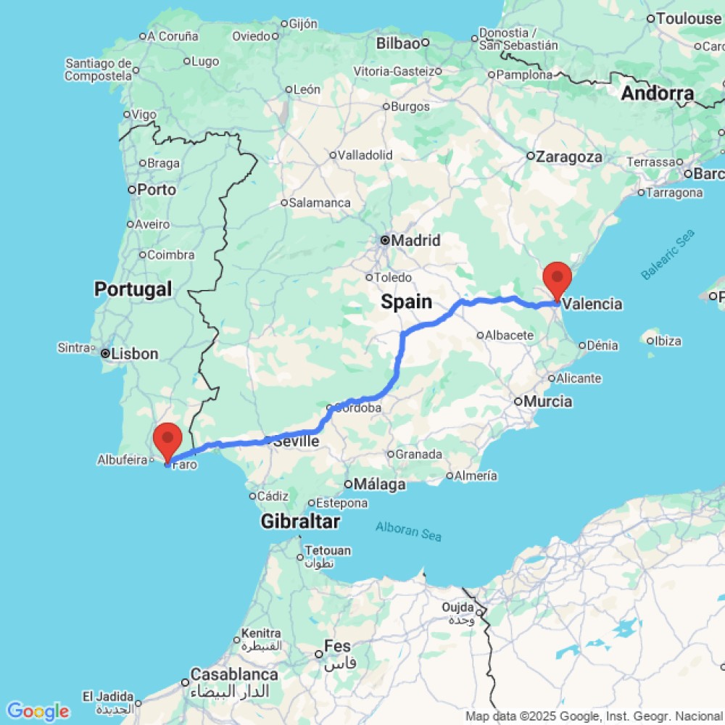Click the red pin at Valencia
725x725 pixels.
557,277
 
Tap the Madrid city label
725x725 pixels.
415,240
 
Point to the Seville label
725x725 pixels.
296,441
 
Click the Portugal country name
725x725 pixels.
133,289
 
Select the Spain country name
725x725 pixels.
407,302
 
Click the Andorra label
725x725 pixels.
658,94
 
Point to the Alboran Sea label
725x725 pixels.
408,531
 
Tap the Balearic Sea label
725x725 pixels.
668,254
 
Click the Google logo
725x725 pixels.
38,711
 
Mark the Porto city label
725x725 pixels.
157,189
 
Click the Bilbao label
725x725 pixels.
398,43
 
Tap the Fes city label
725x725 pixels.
338,646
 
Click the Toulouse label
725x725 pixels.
688,19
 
